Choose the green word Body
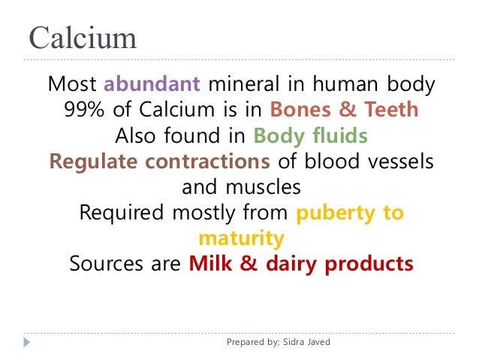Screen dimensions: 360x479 [278, 136]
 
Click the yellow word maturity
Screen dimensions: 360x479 [241, 238]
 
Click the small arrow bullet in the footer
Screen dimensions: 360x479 [27, 343]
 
